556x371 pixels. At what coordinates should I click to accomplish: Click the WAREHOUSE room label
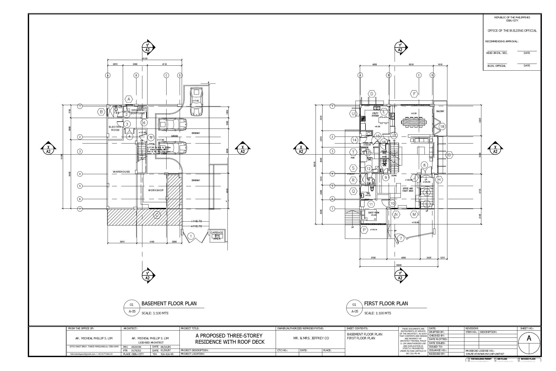click(121, 172)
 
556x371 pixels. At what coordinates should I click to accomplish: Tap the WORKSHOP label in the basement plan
click(156, 190)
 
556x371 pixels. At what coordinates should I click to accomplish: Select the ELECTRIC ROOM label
click(115, 129)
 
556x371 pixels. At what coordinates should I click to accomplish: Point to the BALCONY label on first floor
click(440, 111)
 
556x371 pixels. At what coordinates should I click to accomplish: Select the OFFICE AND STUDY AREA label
click(408, 190)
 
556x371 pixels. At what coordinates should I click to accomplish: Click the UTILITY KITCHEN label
click(375, 115)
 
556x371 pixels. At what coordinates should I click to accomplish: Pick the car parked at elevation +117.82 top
click(196, 102)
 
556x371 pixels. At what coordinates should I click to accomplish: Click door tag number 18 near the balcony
click(442, 127)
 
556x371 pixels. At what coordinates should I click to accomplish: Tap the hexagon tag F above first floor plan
click(414, 94)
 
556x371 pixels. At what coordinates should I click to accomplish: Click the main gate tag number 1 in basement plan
click(191, 236)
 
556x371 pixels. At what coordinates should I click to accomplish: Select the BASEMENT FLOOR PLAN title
click(169, 303)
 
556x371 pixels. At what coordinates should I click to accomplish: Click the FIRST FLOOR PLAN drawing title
click(386, 303)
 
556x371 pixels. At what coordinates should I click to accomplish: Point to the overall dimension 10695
click(398, 265)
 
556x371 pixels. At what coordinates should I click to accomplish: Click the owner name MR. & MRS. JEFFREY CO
click(311, 338)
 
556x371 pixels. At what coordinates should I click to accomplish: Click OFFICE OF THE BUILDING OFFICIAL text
click(512, 31)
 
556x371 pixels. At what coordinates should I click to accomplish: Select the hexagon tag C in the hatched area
click(157, 215)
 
